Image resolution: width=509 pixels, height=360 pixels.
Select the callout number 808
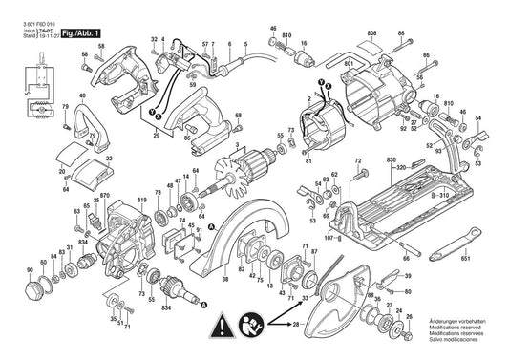pyautogui.click(x=371, y=32)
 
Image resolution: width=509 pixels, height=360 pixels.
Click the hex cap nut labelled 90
pyautogui.click(x=16, y=286)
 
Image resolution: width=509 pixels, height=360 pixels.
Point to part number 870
pyautogui.click(x=107, y=194)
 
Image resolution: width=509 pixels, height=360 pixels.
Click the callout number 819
pyautogui.click(x=142, y=200)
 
